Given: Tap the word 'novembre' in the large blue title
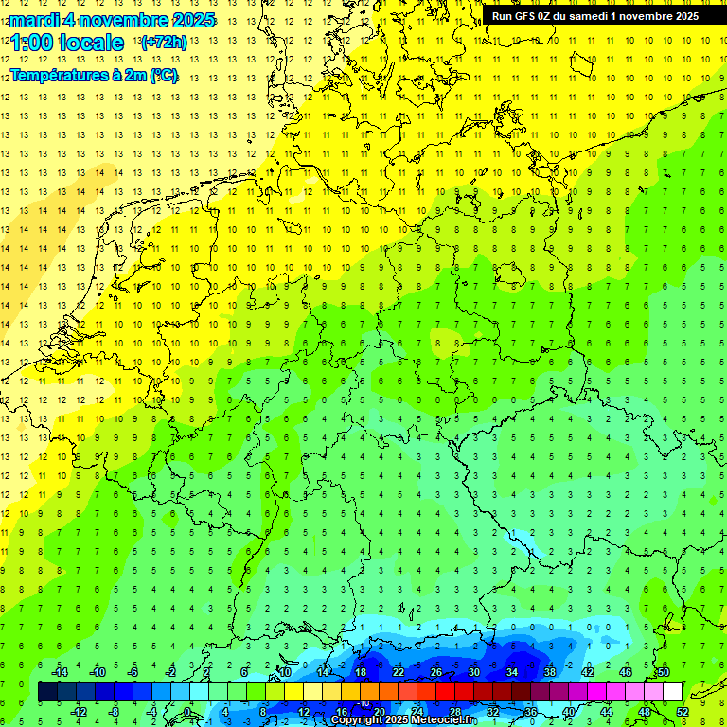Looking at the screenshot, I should (x=124, y=20).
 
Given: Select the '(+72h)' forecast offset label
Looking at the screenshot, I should (x=164, y=43).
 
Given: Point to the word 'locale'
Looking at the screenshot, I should (x=92, y=44).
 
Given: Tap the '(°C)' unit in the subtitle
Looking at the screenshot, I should (x=162, y=75).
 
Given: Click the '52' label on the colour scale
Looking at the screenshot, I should (x=683, y=712).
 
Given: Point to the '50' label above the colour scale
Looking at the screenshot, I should (x=663, y=672).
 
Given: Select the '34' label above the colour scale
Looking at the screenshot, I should (x=511, y=672).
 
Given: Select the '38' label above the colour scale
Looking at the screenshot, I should (x=549, y=672).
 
